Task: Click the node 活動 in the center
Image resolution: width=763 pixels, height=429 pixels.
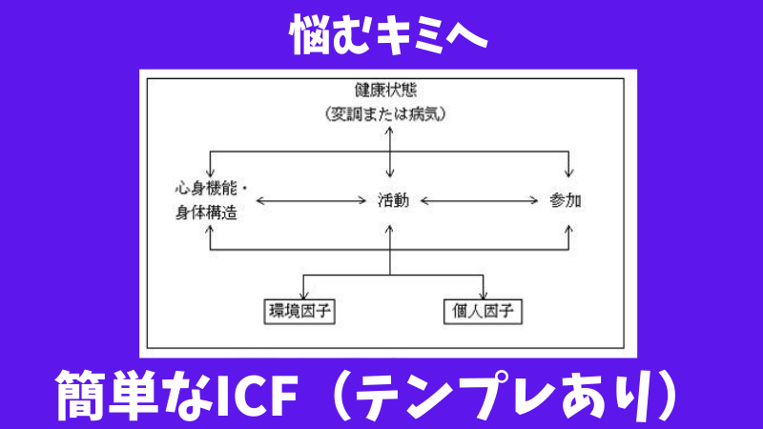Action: (393, 201)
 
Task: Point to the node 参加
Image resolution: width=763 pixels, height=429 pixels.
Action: (567, 201)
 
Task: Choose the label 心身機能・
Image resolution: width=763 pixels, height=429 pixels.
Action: (207, 188)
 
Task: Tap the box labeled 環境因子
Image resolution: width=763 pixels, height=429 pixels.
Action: (302, 311)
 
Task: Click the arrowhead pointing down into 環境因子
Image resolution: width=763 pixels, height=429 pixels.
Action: (302, 294)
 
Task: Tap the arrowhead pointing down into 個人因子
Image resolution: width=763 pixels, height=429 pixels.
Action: (485, 294)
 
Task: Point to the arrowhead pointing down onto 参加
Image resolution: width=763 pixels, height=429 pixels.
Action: (569, 174)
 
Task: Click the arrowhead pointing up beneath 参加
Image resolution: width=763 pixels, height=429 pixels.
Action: (569, 228)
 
